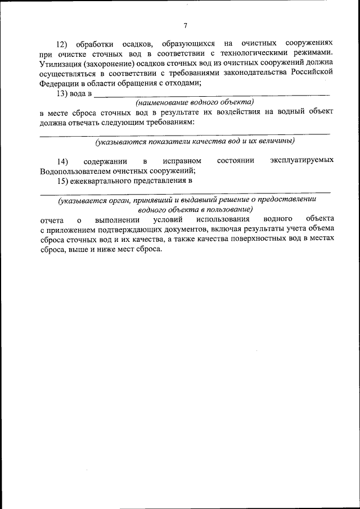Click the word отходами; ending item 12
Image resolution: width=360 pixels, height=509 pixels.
[x=183, y=83]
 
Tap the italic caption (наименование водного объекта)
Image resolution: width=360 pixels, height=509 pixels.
[x=195, y=102]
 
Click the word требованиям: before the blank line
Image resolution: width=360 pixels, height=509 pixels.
[x=169, y=122]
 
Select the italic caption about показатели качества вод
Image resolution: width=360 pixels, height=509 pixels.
[x=195, y=141]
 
